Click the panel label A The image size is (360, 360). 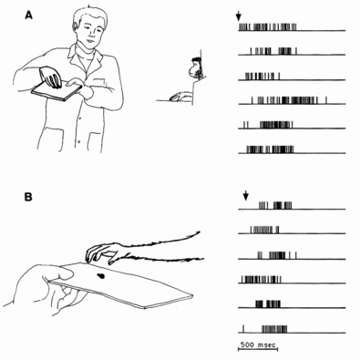click(x=28, y=15)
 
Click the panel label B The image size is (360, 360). click(x=28, y=198)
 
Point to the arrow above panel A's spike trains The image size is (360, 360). click(x=239, y=16)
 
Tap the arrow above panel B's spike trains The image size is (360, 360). click(x=246, y=195)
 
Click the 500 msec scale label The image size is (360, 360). click(x=258, y=345)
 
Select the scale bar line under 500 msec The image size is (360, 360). click(x=258, y=350)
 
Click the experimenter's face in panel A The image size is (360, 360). click(x=90, y=33)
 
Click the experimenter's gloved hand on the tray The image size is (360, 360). click(x=50, y=77)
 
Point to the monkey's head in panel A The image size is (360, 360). click(x=195, y=68)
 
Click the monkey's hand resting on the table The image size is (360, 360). click(x=180, y=97)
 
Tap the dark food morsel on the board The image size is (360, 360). click(x=100, y=276)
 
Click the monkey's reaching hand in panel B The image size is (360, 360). click(x=102, y=252)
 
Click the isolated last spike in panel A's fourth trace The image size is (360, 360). click(x=326, y=100)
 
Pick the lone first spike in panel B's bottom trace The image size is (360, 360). click(x=243, y=329)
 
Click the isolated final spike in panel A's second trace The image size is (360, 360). click(x=296, y=51)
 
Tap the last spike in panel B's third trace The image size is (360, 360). click(x=296, y=255)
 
